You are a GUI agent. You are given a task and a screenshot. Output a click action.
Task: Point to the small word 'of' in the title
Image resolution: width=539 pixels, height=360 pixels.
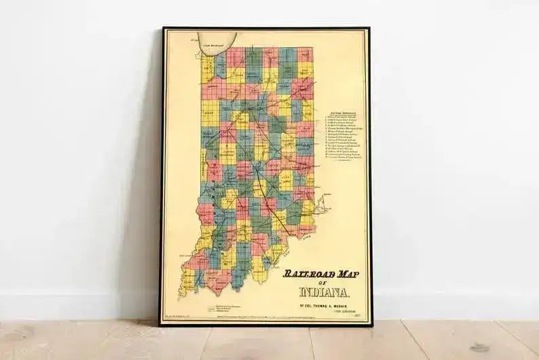point(324,283)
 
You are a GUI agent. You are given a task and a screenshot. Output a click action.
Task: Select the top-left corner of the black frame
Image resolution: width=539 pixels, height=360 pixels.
point(163,29)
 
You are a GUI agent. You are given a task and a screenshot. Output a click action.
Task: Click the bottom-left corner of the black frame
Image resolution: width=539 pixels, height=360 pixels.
point(161,325)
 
